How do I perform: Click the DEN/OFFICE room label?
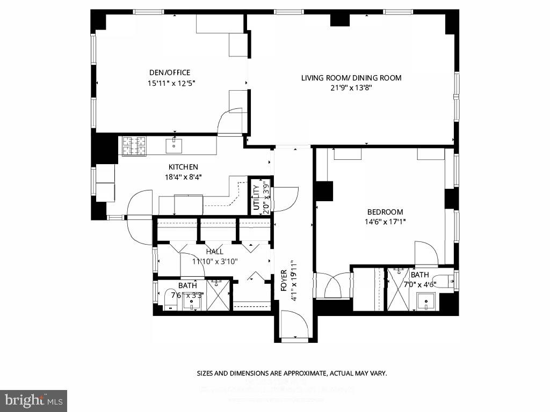(x=169, y=72)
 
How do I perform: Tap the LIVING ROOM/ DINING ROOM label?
(x=351, y=78)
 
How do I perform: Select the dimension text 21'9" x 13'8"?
(x=351, y=88)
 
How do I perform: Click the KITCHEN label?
(x=183, y=167)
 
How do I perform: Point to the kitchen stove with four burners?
(x=134, y=146)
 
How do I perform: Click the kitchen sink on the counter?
(x=174, y=145)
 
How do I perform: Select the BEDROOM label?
(x=385, y=212)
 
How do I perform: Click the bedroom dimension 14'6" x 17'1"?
(x=385, y=222)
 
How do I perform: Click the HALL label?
(x=214, y=251)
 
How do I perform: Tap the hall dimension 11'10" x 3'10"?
(x=214, y=261)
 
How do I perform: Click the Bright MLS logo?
(x=33, y=400)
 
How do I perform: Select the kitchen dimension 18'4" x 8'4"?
(x=183, y=176)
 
